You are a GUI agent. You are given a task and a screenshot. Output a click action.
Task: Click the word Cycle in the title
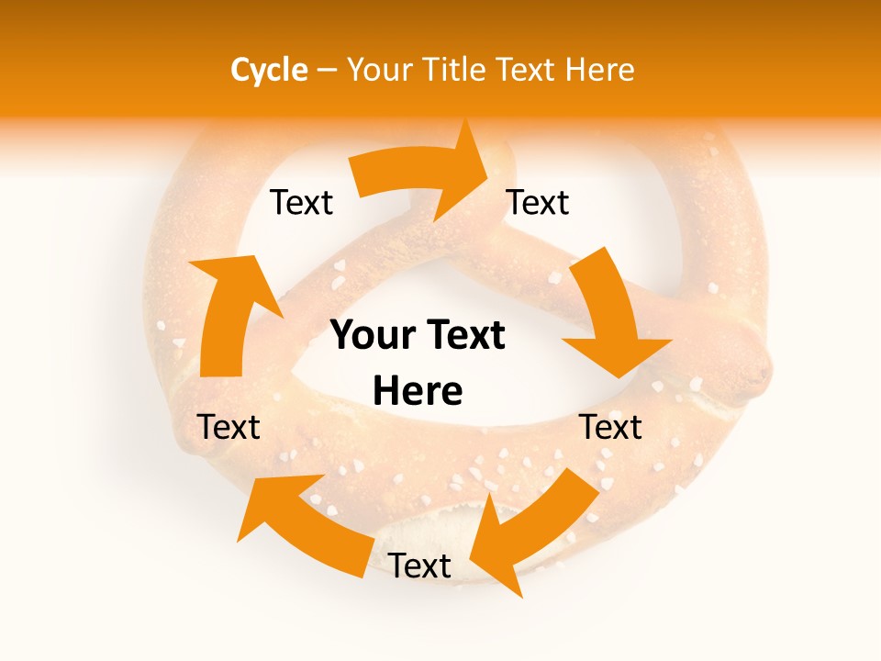click(x=269, y=70)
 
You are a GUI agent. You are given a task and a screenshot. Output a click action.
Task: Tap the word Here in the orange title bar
click(x=600, y=70)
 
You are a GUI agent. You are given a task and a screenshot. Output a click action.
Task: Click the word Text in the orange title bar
click(x=529, y=70)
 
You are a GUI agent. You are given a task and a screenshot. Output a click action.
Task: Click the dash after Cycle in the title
click(x=327, y=71)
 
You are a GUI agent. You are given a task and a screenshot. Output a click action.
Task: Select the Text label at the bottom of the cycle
click(x=419, y=566)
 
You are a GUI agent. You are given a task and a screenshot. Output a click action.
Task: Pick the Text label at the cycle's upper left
click(x=301, y=202)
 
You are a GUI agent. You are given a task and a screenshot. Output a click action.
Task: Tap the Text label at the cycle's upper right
click(x=538, y=202)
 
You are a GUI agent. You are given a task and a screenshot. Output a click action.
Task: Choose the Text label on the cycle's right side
click(x=611, y=427)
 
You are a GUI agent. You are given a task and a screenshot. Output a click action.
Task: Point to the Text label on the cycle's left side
click(x=229, y=427)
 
